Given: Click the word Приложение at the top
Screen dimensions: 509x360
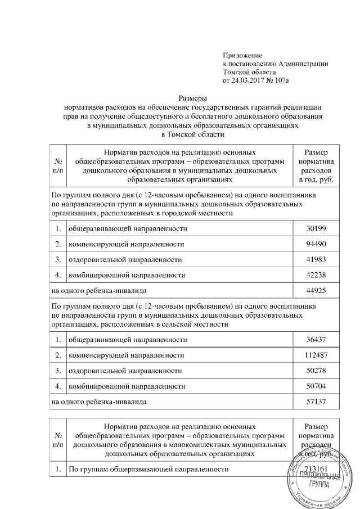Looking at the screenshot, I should coord(243,55).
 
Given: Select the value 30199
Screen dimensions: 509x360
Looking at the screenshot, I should coord(317,229).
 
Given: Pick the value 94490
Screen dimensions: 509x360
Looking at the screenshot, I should coord(317,245).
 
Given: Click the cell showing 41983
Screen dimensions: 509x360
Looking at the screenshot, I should coord(317,260).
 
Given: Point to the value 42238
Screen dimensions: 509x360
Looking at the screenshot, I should coord(317,276).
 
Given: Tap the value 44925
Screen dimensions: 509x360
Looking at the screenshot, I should coord(317,291).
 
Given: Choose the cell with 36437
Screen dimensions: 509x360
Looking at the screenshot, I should coord(317,340).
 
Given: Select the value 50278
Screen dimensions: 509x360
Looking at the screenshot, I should coord(317,371).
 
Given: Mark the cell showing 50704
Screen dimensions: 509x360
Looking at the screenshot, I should coord(317,386).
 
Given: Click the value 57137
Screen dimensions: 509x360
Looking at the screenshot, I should coord(317,402).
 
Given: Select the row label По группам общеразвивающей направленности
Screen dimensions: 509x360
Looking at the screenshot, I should coord(148,469).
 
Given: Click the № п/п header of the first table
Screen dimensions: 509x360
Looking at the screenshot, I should coord(58,166).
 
